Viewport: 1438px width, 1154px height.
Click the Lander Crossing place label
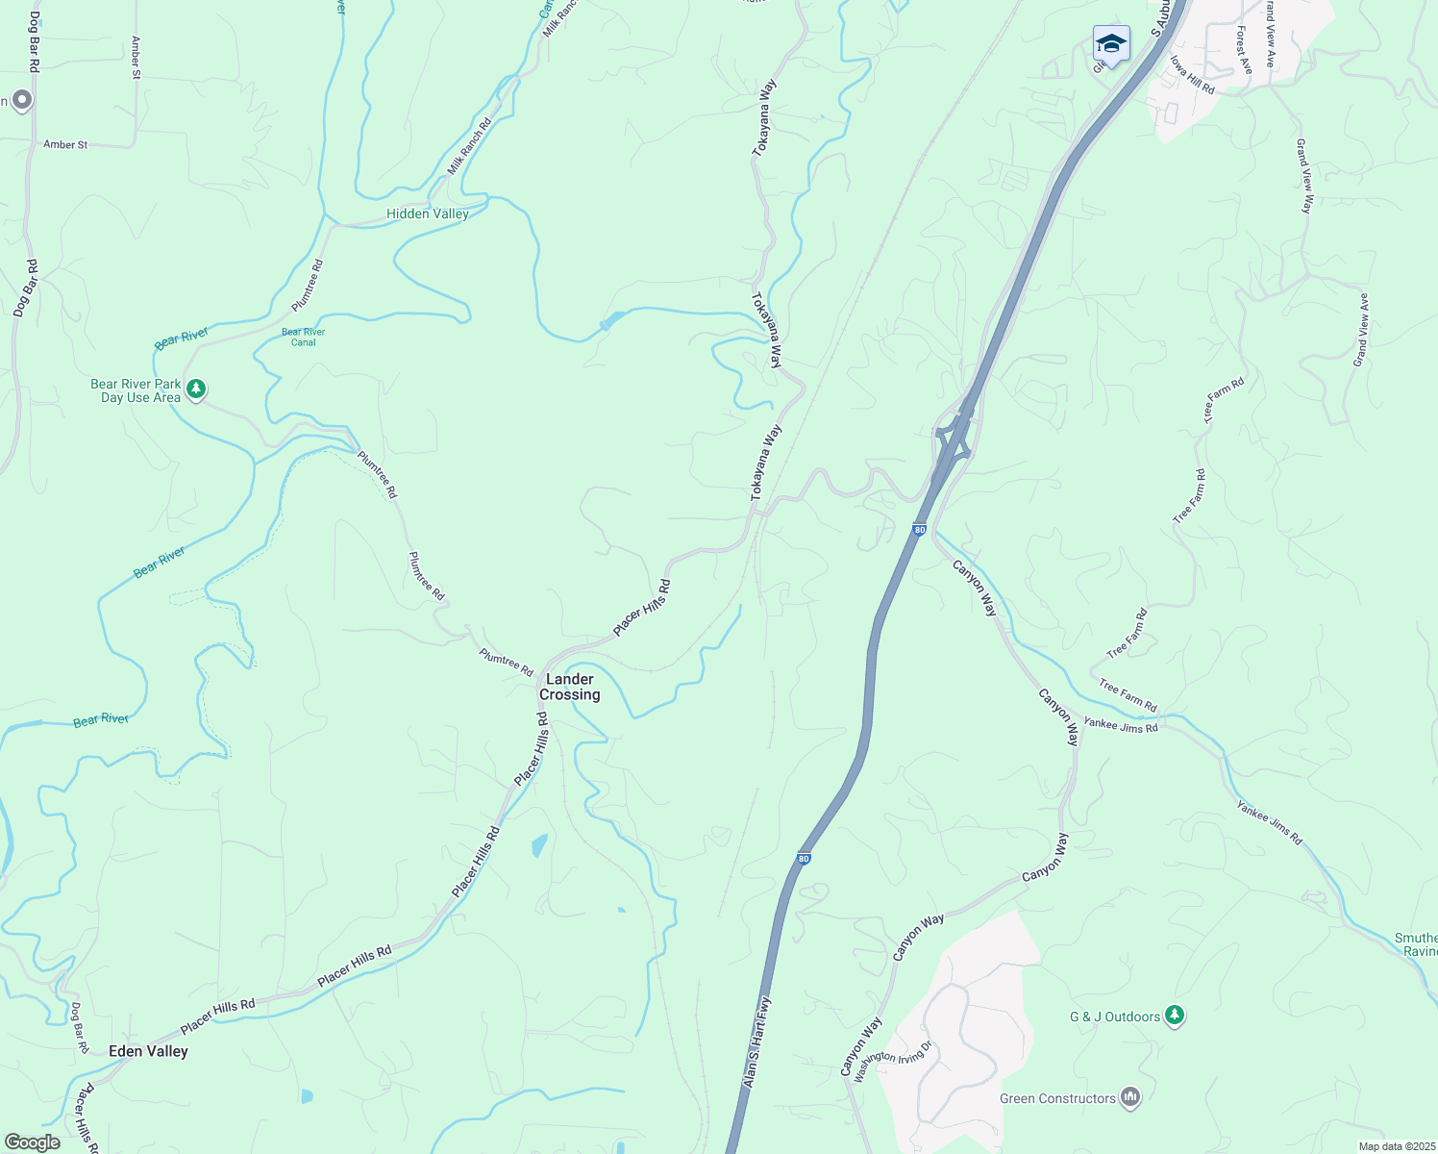click(570, 687)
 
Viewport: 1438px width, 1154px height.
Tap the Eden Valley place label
click(148, 1051)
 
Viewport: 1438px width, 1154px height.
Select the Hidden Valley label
click(428, 213)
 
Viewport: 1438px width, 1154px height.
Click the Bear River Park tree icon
click(196, 389)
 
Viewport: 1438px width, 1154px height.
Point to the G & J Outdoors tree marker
click(1174, 1016)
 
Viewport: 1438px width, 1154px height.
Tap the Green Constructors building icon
click(1130, 1097)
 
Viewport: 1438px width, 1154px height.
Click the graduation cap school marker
click(1111, 44)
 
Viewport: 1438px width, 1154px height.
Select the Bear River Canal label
click(303, 337)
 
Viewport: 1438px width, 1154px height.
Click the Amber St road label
click(65, 145)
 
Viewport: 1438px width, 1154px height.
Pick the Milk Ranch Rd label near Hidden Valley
click(469, 146)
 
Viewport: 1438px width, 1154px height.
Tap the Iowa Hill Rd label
click(1192, 74)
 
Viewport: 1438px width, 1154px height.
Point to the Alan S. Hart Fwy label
click(756, 1042)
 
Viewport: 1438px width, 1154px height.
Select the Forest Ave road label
click(1245, 50)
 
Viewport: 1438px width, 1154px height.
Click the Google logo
click(32, 1142)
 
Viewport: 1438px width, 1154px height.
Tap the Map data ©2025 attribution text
click(1395, 1146)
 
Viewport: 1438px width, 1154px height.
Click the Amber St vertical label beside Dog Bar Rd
click(136, 58)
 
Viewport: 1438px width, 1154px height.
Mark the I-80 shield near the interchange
click(920, 530)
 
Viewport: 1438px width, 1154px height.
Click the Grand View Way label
click(1304, 177)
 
